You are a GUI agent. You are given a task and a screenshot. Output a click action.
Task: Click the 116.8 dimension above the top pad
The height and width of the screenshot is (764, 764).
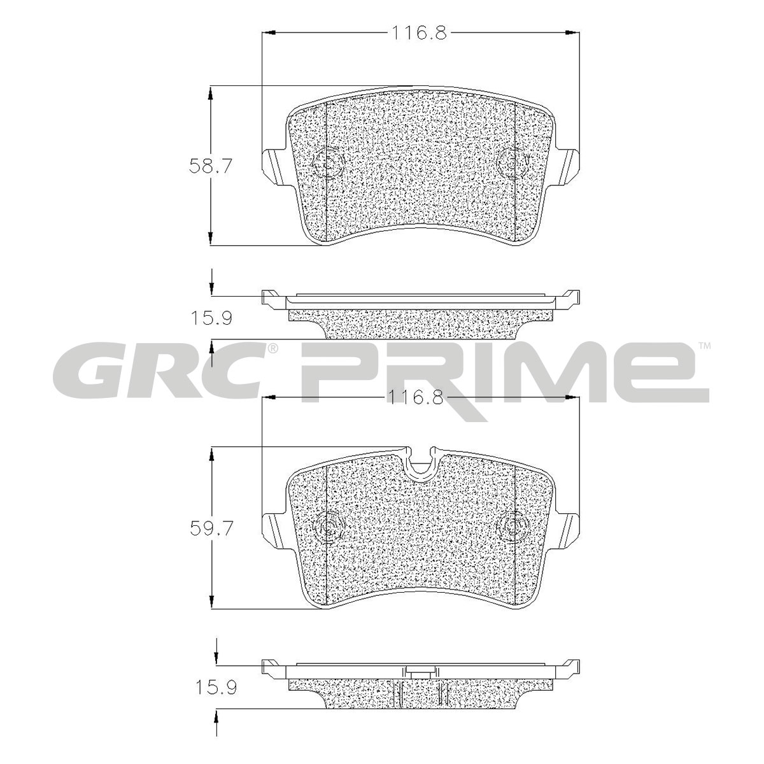(419, 33)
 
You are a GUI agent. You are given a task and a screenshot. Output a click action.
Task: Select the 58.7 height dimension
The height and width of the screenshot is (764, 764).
(209, 166)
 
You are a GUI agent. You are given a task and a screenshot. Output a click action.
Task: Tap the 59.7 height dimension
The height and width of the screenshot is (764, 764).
(210, 528)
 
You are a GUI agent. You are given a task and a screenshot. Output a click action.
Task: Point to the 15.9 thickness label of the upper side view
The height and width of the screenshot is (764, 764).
(211, 318)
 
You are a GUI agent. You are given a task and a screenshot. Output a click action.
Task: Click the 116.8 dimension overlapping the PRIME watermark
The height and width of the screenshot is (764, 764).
(415, 397)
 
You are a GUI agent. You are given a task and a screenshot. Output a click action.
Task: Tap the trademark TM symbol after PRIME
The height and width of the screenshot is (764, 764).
(704, 346)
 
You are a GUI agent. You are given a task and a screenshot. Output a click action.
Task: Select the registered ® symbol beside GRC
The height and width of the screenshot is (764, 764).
(272, 348)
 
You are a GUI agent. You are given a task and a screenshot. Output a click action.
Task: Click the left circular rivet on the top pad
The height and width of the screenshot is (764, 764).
(328, 162)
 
